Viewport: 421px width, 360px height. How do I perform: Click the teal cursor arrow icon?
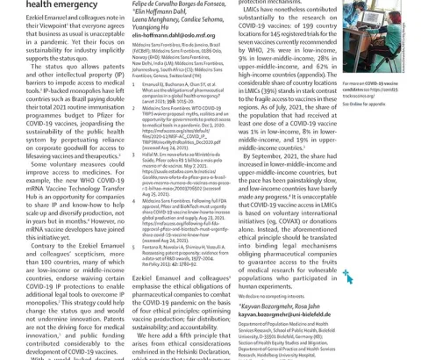point(347,277)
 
